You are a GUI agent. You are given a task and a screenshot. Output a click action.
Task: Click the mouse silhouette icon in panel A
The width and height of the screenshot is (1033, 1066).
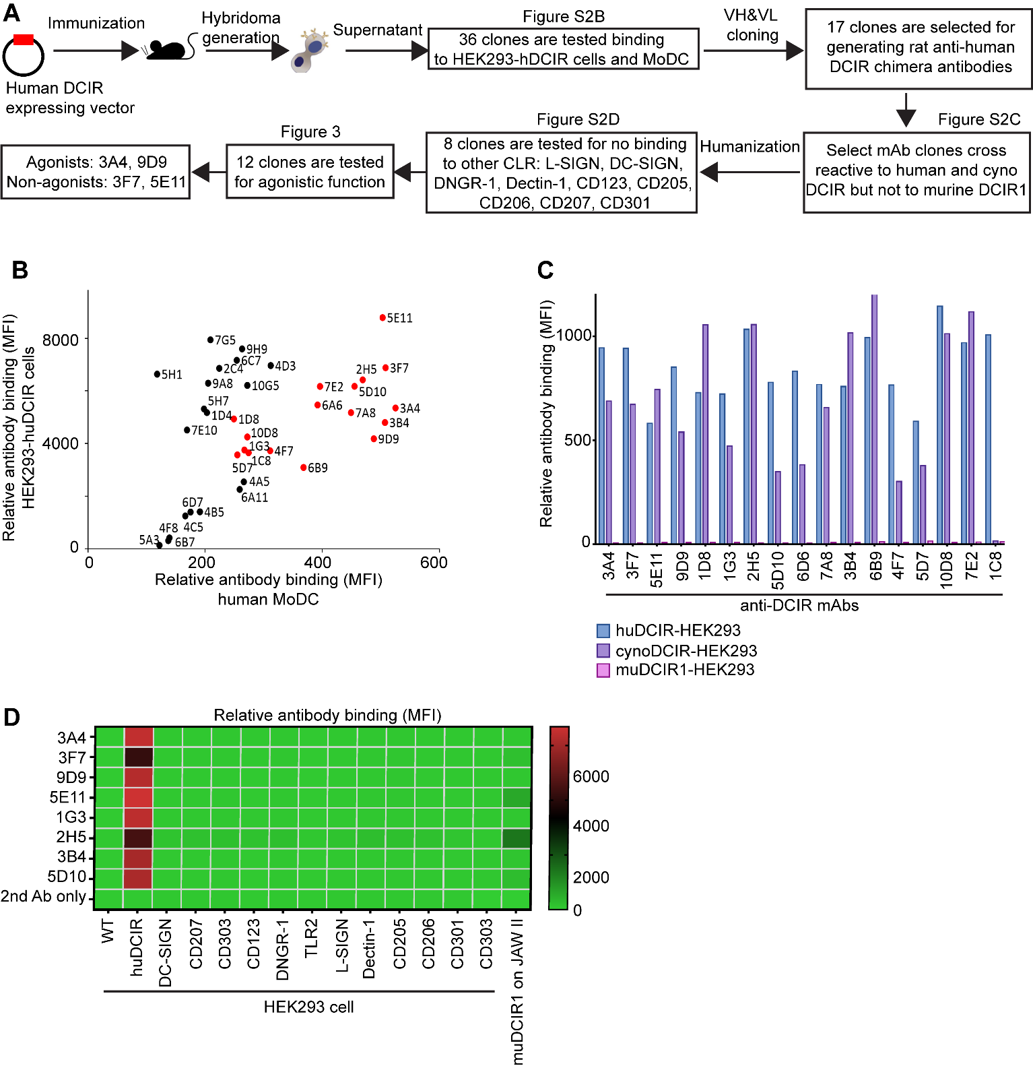pos(166,49)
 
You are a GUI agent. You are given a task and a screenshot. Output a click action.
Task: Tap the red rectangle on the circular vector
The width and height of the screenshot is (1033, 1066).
pos(24,40)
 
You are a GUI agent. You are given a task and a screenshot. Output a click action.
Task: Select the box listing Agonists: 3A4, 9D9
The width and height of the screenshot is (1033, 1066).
pos(96,172)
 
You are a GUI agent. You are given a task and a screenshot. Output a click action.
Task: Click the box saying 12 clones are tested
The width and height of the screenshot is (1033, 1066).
pos(310,172)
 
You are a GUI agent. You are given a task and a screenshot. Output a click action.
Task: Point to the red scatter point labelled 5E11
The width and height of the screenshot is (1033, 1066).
pos(382,317)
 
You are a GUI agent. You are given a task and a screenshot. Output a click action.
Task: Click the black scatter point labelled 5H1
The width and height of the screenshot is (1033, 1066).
pos(157,374)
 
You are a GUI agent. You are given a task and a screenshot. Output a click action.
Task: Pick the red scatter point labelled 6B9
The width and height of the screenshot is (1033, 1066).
pos(304,467)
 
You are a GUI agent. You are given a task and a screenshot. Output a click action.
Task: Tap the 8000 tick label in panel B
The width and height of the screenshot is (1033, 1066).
pos(60,340)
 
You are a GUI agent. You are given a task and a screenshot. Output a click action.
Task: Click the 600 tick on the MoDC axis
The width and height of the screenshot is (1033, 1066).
pos(433,562)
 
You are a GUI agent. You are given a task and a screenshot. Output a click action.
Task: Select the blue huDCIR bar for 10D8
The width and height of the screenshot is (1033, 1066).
pos(940,425)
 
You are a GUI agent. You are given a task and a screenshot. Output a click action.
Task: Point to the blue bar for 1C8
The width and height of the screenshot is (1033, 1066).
pos(988,439)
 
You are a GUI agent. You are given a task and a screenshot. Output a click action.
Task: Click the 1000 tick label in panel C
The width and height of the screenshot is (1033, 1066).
pos(574,336)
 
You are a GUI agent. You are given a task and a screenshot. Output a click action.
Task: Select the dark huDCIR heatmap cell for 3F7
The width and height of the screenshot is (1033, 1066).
pos(139,757)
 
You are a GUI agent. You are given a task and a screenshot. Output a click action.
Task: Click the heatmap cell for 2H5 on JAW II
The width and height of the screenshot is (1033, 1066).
pos(517,838)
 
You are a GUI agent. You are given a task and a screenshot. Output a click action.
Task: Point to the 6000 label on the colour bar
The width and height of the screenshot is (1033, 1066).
pos(591,776)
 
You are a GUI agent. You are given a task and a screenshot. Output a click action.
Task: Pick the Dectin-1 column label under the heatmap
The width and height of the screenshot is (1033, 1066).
pos(369,949)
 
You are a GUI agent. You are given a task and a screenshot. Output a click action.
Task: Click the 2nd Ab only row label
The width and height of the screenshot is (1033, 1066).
pos(44,897)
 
